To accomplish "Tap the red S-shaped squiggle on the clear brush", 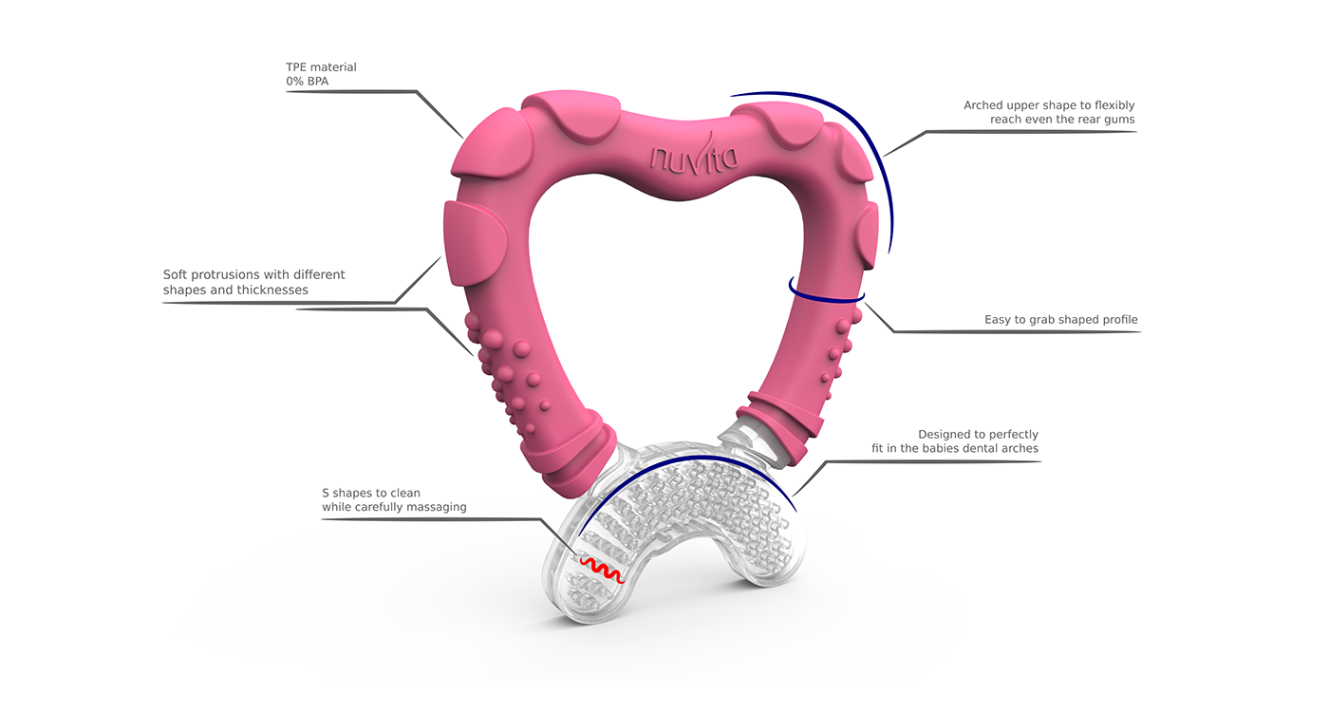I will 601,569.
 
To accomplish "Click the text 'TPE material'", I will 321,67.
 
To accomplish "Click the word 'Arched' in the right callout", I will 983,105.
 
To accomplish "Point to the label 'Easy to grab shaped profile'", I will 1060,320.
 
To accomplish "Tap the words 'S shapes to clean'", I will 371,493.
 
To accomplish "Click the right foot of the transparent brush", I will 779,565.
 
